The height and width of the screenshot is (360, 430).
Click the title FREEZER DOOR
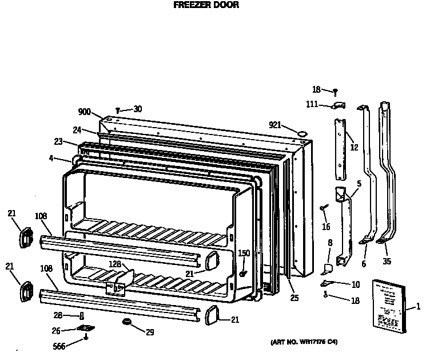pos(206,5)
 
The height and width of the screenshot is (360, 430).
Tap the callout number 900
pos(85,112)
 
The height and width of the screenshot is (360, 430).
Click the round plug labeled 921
pos(300,133)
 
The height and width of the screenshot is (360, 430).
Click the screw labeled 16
pos(324,205)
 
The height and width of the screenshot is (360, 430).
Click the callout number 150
pos(244,253)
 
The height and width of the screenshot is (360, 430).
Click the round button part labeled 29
pos(126,325)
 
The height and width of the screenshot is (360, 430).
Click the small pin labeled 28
pos(82,315)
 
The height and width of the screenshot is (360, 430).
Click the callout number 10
pos(355,284)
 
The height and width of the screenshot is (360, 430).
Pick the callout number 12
pos(355,148)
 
